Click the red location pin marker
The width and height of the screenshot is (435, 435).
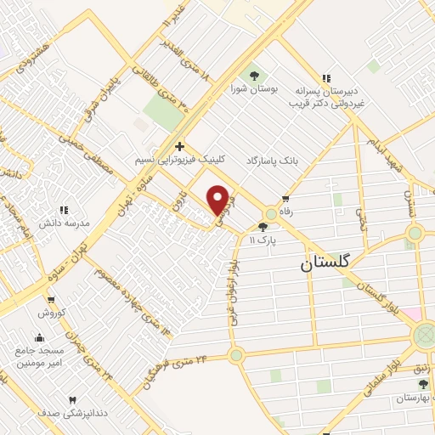tap(218, 200)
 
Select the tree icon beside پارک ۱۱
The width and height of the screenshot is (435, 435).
tap(263, 227)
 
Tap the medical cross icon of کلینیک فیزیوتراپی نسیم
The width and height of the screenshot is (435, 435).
tap(179, 146)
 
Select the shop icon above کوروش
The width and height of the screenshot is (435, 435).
tap(51, 299)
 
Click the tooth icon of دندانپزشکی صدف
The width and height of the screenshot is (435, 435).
tap(72, 399)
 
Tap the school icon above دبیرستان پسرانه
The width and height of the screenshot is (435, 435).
tap(325, 76)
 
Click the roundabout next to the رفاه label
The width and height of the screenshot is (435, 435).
tap(272, 213)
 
